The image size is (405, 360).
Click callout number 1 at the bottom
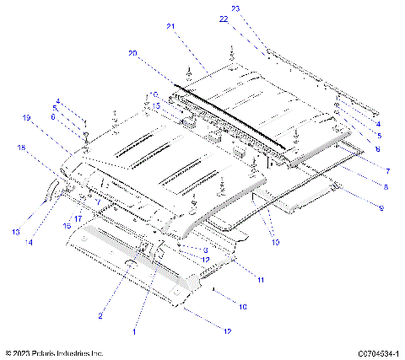pos(135,332)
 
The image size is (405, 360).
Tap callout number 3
pos(205,250)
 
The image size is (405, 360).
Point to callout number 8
pos(386,186)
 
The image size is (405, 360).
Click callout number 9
pos(381,207)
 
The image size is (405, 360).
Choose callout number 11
pos(261,279)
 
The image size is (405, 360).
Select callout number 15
pos(155,105)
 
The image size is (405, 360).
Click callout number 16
pos(67,226)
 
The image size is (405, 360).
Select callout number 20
pos(132,53)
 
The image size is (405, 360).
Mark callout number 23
pos(235,8)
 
